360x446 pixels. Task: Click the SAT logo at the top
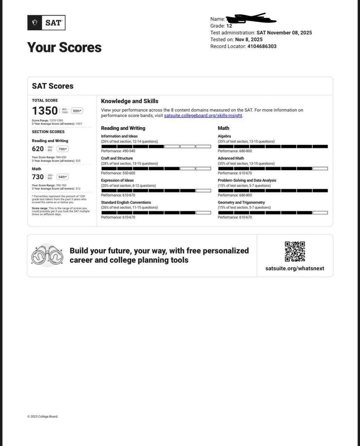click(46, 23)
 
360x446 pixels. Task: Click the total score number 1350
click(45, 111)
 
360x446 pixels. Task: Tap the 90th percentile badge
click(77, 111)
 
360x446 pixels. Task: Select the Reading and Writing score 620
click(38, 149)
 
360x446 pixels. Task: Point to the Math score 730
click(38, 177)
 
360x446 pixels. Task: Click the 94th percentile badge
click(63, 177)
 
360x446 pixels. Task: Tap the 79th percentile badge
click(63, 149)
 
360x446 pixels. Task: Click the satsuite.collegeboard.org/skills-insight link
click(203, 116)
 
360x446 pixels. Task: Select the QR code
click(295, 252)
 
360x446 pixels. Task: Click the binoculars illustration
click(47, 255)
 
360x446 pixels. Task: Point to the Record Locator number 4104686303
click(262, 46)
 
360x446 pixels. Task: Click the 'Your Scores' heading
click(64, 47)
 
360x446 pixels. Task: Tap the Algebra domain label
click(224, 136)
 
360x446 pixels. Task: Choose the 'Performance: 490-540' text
click(118, 151)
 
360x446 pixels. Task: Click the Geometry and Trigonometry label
click(241, 202)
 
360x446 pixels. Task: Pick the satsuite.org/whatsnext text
click(295, 268)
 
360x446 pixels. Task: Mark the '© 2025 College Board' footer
click(43, 416)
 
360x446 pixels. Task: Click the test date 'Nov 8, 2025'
click(249, 39)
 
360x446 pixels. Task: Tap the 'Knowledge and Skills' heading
click(130, 101)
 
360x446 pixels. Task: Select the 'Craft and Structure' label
click(117, 158)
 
